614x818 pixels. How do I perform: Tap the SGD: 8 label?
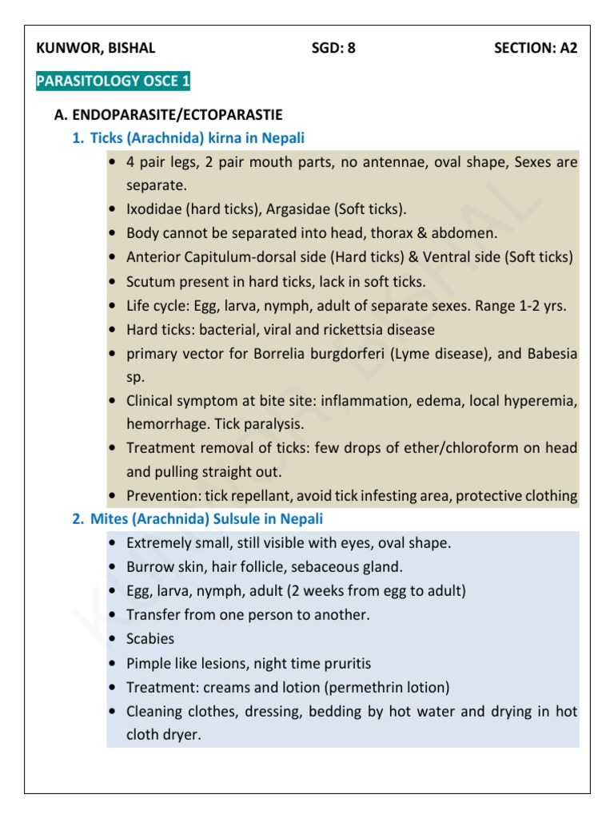coord(333,47)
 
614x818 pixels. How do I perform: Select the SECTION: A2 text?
coord(536,47)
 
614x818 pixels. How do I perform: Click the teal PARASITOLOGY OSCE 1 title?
coord(113,81)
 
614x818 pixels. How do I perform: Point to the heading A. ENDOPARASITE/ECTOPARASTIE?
coord(168,115)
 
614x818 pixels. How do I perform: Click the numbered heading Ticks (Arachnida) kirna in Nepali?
coord(197,138)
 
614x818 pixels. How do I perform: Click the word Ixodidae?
coord(153,209)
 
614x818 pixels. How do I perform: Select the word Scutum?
coord(150,281)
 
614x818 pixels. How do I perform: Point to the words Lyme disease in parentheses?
coord(433,353)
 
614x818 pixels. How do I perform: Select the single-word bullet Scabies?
coord(150,639)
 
